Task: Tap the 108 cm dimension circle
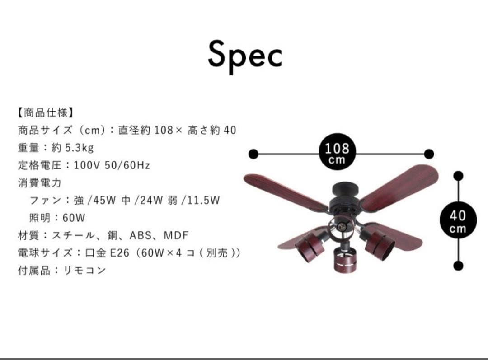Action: pos(337,154)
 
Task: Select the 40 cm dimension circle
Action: pos(458,220)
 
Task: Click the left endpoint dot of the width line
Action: pos(253,154)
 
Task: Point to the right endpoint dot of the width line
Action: pos(429,154)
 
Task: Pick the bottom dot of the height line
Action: pos(458,265)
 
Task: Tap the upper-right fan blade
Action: pos(400,185)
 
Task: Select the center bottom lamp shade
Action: pos(345,262)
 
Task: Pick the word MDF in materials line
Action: pos(176,235)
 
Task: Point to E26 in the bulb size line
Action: pos(120,253)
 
